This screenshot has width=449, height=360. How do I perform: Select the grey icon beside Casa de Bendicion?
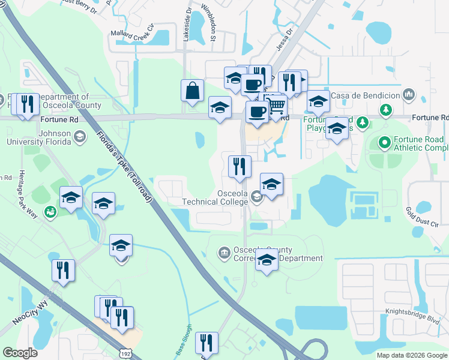point(409,94)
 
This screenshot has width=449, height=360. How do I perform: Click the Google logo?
point(20,353)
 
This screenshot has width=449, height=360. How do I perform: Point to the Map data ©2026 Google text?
point(411,355)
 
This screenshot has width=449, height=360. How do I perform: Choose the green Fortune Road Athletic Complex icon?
point(384,143)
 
